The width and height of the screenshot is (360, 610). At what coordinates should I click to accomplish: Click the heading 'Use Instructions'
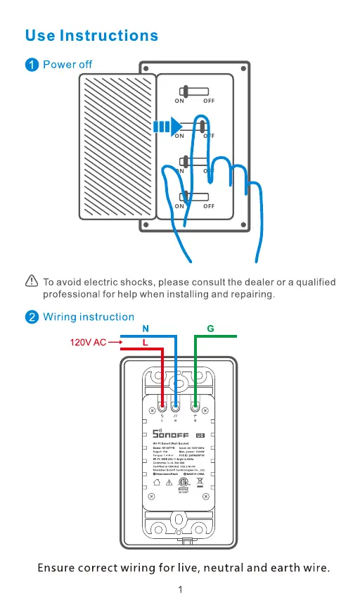pos(91,35)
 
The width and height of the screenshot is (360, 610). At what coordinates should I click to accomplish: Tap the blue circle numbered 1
pos(32,65)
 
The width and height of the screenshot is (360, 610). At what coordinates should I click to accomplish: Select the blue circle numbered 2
pos(32,317)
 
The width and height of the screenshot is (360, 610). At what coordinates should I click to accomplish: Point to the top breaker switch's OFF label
pos(209,101)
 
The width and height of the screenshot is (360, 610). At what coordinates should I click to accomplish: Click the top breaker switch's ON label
pos(180,101)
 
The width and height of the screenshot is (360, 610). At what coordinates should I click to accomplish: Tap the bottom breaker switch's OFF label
pos(209,206)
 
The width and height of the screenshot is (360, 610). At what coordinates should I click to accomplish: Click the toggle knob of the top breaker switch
pos(184,91)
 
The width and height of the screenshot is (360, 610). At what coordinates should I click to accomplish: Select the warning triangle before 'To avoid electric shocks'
pos(31,282)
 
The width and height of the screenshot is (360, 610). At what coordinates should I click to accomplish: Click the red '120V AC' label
pos(88,343)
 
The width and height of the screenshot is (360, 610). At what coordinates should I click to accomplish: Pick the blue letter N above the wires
pos(146,329)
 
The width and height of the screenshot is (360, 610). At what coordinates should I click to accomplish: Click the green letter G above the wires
pos(210,329)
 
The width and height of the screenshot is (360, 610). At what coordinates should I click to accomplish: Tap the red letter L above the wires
pos(146,342)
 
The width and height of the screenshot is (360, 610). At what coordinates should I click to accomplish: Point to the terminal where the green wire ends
pos(195,407)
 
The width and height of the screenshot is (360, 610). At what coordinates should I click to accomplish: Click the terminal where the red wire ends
pos(162,407)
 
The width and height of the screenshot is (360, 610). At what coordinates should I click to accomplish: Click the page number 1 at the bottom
pos(181,590)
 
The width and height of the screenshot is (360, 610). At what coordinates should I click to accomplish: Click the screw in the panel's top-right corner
pos(243,68)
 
